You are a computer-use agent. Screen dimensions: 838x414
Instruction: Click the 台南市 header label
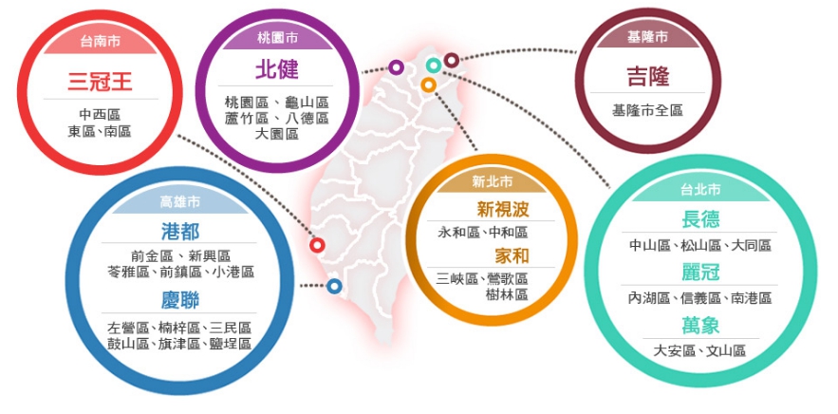[x=100, y=42]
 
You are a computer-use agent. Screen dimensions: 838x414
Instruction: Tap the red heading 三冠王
[x=100, y=83]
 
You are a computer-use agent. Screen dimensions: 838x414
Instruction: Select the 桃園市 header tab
[x=277, y=39]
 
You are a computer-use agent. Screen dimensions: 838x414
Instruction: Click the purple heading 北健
[x=277, y=70]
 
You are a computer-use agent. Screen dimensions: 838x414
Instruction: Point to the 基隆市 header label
[x=648, y=37]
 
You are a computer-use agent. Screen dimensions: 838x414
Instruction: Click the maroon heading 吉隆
[x=648, y=77]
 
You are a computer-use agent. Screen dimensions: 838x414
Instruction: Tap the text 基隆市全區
[x=648, y=111]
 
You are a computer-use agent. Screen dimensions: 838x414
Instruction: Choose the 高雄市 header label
[x=180, y=201]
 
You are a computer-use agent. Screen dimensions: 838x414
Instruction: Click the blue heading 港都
[x=180, y=232]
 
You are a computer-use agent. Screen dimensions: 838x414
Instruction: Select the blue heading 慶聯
[x=180, y=300]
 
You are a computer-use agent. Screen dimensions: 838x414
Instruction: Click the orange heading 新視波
[x=503, y=210]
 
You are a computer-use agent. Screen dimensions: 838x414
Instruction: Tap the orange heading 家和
[x=512, y=256]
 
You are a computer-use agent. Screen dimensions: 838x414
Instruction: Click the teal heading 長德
[x=700, y=219]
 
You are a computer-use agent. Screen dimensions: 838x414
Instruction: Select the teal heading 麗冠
[x=700, y=273]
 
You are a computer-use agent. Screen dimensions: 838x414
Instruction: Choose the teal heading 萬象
[x=700, y=325]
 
